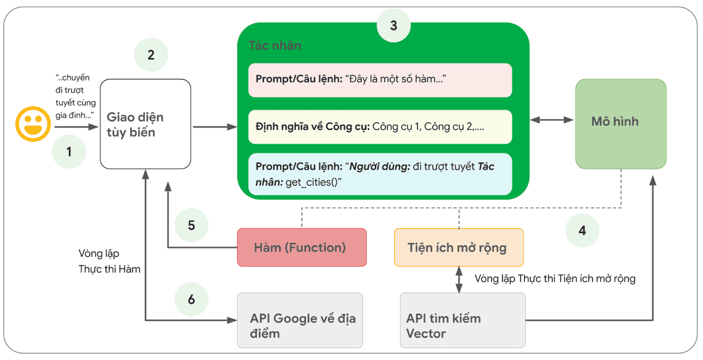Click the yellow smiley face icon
click(x=33, y=124)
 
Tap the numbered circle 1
click(x=69, y=151)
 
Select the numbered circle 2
click(x=151, y=55)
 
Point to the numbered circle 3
click(x=393, y=26)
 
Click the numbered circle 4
click(x=582, y=231)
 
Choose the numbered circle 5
click(x=191, y=225)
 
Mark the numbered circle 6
click(x=191, y=300)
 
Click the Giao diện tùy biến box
click(x=146, y=124)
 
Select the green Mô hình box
click(x=620, y=124)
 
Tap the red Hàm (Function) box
click(x=302, y=247)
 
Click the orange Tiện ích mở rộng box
click(x=458, y=247)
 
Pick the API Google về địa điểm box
click(x=300, y=321)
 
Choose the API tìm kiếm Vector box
click(x=462, y=321)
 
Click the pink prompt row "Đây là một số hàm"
click(x=380, y=80)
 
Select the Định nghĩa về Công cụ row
click(x=380, y=126)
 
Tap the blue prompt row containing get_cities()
click(x=380, y=174)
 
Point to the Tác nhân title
click(x=275, y=46)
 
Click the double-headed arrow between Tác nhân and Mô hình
click(x=552, y=120)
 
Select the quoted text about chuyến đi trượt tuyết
click(x=75, y=97)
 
